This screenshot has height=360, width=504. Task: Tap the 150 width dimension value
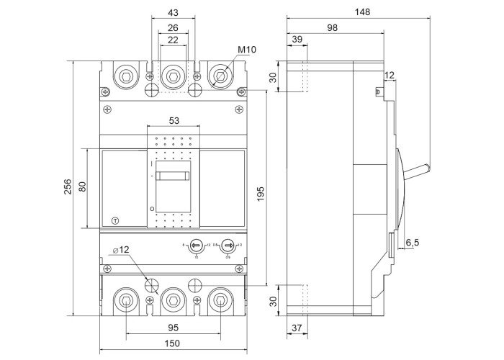172,344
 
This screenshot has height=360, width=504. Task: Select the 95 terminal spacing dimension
172,328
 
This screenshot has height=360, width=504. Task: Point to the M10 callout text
248,50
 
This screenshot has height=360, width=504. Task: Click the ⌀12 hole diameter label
122,250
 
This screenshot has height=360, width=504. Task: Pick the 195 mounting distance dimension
261,194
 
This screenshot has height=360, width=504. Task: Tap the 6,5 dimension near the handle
413,243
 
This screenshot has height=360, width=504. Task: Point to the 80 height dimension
83,187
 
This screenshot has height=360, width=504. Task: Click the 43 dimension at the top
173,13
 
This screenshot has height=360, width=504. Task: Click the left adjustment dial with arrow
197,246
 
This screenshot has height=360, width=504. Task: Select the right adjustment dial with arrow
228,246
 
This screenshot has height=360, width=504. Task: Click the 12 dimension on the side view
390,75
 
